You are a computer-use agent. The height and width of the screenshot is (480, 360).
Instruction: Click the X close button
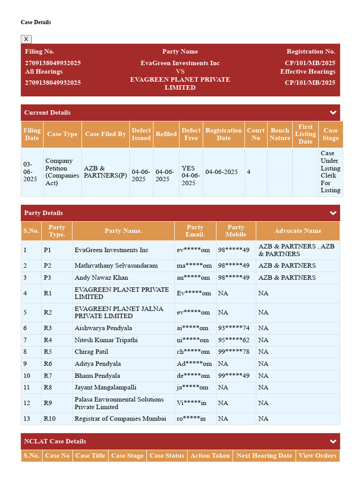click(x=26, y=39)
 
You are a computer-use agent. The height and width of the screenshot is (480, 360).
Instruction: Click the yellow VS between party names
click(x=180, y=72)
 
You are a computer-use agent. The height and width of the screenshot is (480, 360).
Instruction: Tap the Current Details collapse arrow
click(x=333, y=112)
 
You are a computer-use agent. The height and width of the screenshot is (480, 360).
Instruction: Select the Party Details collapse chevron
click(x=333, y=213)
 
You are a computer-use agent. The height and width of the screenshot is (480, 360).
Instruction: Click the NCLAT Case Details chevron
click(x=333, y=441)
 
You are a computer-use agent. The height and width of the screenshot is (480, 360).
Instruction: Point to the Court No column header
click(x=255, y=134)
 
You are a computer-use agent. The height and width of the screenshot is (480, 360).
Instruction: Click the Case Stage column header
click(x=330, y=134)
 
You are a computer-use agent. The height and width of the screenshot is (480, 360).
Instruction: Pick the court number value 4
click(x=248, y=172)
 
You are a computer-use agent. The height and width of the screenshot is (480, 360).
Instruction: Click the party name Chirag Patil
click(x=91, y=352)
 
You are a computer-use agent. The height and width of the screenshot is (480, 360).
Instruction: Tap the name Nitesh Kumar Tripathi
click(x=106, y=340)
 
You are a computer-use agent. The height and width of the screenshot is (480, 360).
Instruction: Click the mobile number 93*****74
click(x=233, y=328)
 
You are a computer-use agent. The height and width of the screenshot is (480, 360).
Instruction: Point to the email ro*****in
click(x=191, y=419)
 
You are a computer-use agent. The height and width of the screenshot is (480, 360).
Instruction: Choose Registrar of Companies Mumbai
click(x=120, y=419)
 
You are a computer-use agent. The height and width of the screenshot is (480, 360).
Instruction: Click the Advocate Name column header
click(x=298, y=231)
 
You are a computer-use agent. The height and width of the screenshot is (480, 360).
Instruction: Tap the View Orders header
click(x=317, y=456)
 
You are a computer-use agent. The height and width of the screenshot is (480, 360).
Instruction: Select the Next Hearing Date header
click(x=264, y=456)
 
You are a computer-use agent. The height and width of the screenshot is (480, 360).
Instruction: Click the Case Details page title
click(x=36, y=22)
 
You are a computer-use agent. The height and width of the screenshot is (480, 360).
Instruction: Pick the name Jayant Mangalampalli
click(x=105, y=387)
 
